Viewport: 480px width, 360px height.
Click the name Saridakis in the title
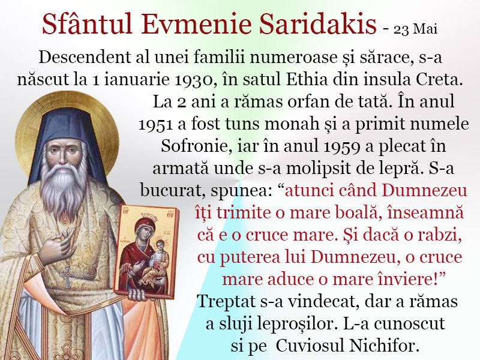tap(317, 24)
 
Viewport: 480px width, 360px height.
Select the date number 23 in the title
tap(401, 29)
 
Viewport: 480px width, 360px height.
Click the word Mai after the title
tap(425, 29)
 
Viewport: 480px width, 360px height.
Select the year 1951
tap(156, 124)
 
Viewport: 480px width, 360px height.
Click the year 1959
tap(342, 146)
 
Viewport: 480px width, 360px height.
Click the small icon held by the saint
tap(146, 251)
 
